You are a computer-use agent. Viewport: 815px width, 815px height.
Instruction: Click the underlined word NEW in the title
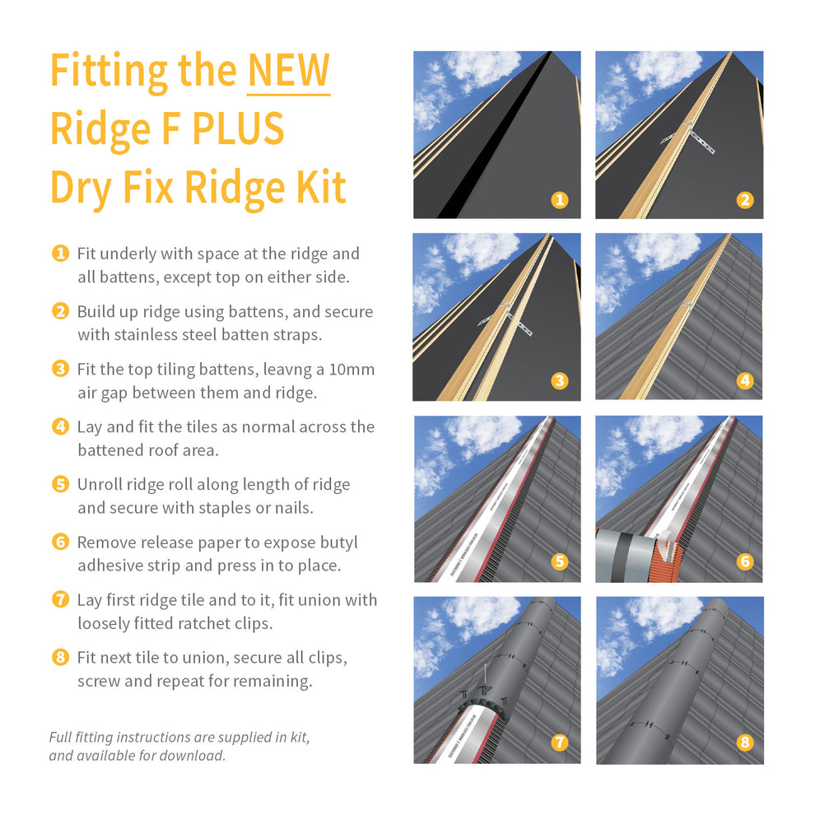coord(288,70)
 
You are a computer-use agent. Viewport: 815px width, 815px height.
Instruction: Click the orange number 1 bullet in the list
coord(60,254)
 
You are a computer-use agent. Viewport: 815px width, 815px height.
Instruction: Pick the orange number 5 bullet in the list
coord(60,484)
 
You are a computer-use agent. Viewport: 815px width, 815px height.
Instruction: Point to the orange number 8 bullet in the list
coord(60,657)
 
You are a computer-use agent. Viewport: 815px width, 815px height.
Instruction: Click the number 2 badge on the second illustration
coord(744,199)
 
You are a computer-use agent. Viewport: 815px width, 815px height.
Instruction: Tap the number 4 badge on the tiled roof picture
coord(744,380)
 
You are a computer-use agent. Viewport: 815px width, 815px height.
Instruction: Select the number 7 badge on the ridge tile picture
coord(560,743)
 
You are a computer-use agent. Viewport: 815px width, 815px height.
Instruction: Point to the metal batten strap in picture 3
coord(508,319)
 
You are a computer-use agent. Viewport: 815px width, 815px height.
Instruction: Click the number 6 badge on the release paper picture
coord(744,561)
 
